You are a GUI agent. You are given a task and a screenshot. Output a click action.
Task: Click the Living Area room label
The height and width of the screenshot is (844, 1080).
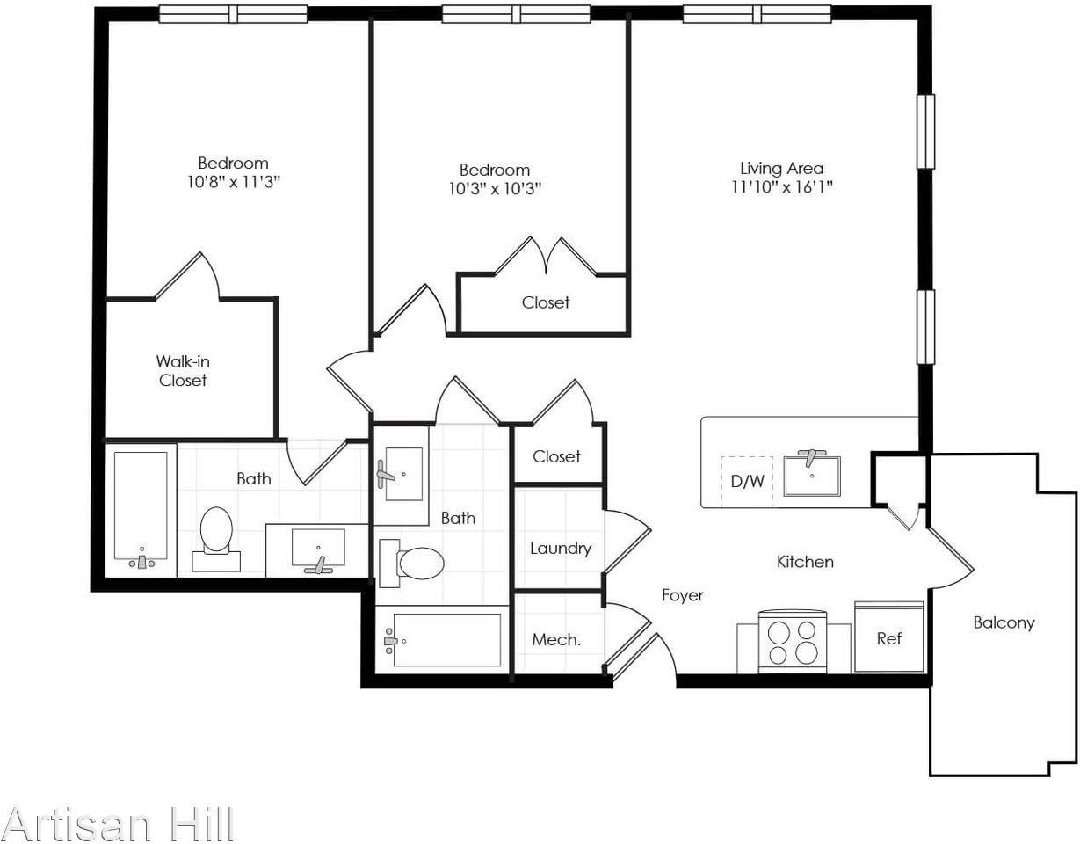tap(780, 168)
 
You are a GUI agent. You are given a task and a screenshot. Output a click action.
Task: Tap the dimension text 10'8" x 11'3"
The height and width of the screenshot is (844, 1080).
tap(233, 182)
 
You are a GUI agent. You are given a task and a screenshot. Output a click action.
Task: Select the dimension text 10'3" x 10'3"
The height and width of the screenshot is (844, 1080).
tap(494, 188)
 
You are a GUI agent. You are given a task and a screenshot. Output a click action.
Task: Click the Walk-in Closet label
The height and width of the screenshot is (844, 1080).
tap(183, 370)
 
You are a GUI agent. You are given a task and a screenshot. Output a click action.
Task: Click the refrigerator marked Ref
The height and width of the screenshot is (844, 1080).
tap(888, 638)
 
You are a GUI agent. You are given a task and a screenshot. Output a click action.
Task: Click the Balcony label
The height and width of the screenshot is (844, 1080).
tap(1004, 622)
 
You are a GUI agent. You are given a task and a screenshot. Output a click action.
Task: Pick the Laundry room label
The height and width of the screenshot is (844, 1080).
tap(560, 549)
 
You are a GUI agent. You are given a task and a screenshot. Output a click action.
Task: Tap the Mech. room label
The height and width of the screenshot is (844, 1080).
tap(556, 640)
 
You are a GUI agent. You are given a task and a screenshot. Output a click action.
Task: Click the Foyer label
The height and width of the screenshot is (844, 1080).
tap(682, 595)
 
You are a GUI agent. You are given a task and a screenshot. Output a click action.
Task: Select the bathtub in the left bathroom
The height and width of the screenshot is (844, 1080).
tap(141, 507)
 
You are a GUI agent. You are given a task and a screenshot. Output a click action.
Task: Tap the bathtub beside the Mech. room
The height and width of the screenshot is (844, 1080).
tap(444, 640)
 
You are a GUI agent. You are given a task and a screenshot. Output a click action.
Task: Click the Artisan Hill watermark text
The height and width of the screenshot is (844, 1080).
tap(118, 825)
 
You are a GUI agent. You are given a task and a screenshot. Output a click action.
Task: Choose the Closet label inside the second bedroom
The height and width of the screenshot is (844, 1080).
tap(545, 302)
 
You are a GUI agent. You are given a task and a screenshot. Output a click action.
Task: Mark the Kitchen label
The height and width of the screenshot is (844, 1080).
tap(805, 561)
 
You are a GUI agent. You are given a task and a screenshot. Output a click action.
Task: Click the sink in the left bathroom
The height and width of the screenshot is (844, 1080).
tap(317, 549)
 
